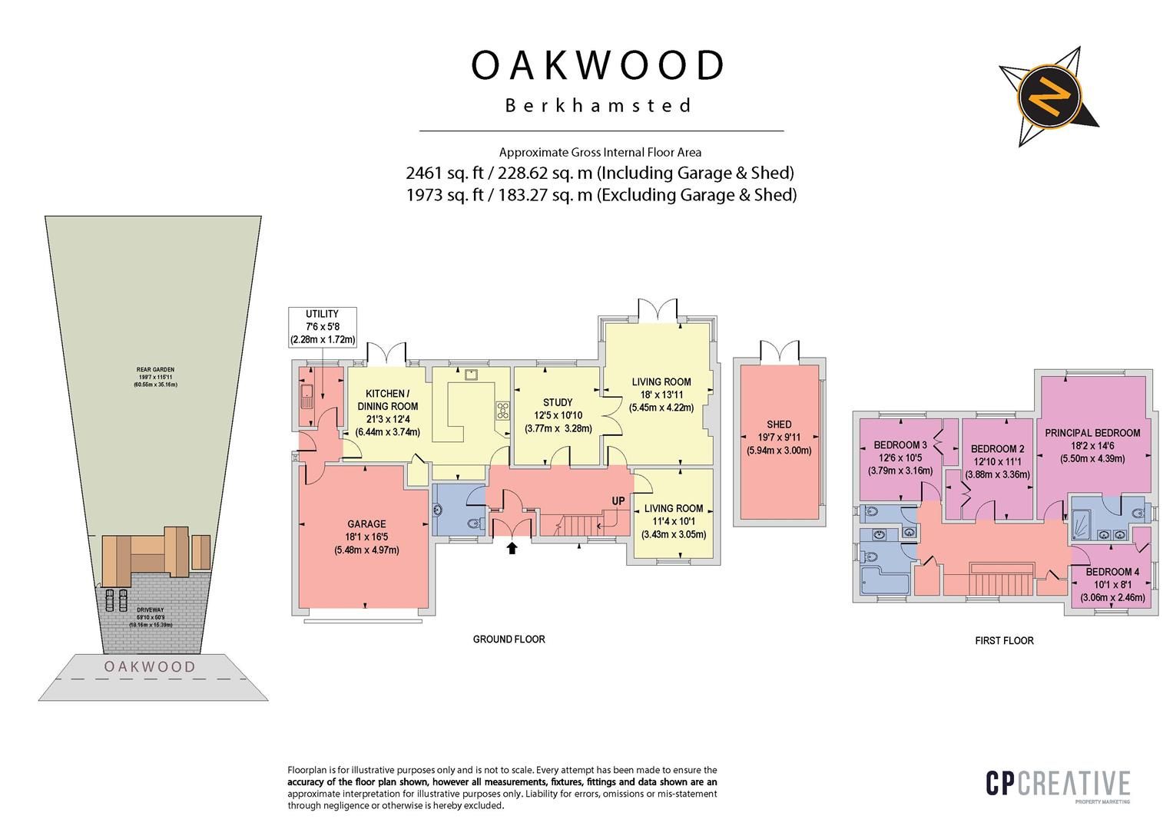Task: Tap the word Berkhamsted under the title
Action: tap(598, 105)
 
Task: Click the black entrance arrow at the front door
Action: tap(512, 547)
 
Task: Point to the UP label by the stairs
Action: tap(618, 501)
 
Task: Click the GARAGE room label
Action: tap(366, 524)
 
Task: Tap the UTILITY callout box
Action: tap(322, 326)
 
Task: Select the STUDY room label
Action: tap(558, 402)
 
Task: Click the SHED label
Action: tap(779, 424)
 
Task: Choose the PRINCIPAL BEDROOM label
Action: tap(1092, 433)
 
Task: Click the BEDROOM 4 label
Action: tap(1112, 571)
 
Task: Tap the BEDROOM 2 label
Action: tap(997, 449)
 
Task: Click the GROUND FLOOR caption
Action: tap(509, 639)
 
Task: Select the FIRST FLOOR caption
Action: tap(1004, 640)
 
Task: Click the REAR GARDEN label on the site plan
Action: tap(155, 370)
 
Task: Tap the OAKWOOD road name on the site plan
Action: tap(150, 666)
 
